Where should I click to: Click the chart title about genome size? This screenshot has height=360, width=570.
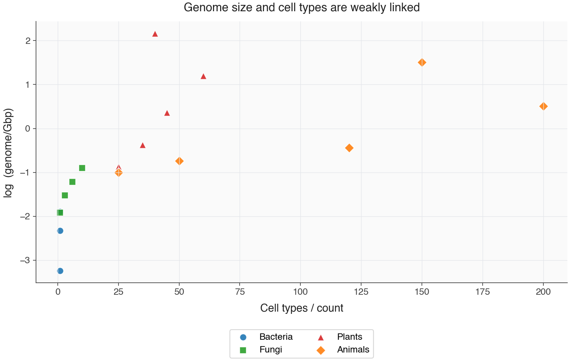[301, 7]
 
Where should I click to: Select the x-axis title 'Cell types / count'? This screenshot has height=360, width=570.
[301, 308]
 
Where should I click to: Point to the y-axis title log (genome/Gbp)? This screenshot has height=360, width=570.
[8, 153]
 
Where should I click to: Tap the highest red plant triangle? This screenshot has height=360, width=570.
[155, 34]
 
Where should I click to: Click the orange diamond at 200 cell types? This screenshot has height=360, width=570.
[543, 106]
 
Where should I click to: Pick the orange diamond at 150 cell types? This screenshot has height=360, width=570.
[422, 62]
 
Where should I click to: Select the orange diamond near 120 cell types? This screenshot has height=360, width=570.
[349, 148]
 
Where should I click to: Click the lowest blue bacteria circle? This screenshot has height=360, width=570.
[60, 271]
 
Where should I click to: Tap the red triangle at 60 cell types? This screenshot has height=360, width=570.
[203, 76]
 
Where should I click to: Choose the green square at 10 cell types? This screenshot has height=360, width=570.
[82, 168]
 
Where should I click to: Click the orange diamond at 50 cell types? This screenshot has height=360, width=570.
[179, 161]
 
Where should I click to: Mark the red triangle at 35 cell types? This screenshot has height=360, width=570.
[142, 145]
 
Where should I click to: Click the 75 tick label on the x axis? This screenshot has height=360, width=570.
[240, 292]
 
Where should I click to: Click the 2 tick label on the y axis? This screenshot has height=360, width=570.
[28, 41]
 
